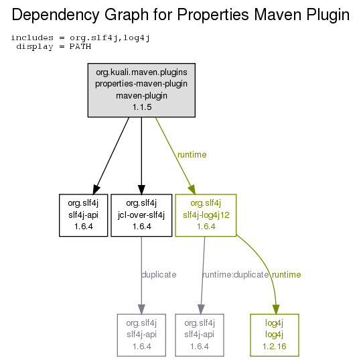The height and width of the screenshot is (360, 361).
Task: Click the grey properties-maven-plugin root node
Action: click(x=141, y=90)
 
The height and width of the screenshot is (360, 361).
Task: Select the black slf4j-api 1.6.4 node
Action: click(x=83, y=215)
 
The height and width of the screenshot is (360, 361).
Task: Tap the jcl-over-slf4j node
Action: click(x=141, y=215)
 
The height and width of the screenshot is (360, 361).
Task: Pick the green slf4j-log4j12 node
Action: click(x=206, y=215)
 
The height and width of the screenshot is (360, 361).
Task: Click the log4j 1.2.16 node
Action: click(x=275, y=335)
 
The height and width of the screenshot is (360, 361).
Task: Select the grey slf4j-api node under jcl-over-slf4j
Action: click(x=141, y=335)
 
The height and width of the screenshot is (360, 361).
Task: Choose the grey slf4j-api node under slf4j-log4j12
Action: click(x=200, y=335)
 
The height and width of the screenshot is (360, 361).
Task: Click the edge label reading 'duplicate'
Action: click(x=159, y=274)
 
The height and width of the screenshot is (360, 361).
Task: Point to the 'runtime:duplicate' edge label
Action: click(x=236, y=274)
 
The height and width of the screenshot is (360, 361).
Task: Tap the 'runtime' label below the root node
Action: click(x=192, y=155)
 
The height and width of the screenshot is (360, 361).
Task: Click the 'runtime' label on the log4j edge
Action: click(x=287, y=274)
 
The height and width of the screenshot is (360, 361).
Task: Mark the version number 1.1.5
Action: click(x=142, y=107)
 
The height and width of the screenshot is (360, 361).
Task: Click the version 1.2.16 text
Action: click(x=275, y=347)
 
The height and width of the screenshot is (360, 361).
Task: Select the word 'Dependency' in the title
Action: click(x=56, y=15)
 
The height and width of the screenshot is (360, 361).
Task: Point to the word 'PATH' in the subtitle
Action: click(x=80, y=46)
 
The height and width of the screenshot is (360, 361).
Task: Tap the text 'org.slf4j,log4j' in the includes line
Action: click(x=110, y=38)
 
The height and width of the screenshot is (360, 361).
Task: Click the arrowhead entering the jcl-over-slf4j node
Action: click(x=141, y=190)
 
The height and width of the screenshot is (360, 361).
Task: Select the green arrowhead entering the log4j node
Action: click(x=276, y=309)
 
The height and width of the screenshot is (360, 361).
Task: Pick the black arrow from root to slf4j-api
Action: click(x=112, y=156)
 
